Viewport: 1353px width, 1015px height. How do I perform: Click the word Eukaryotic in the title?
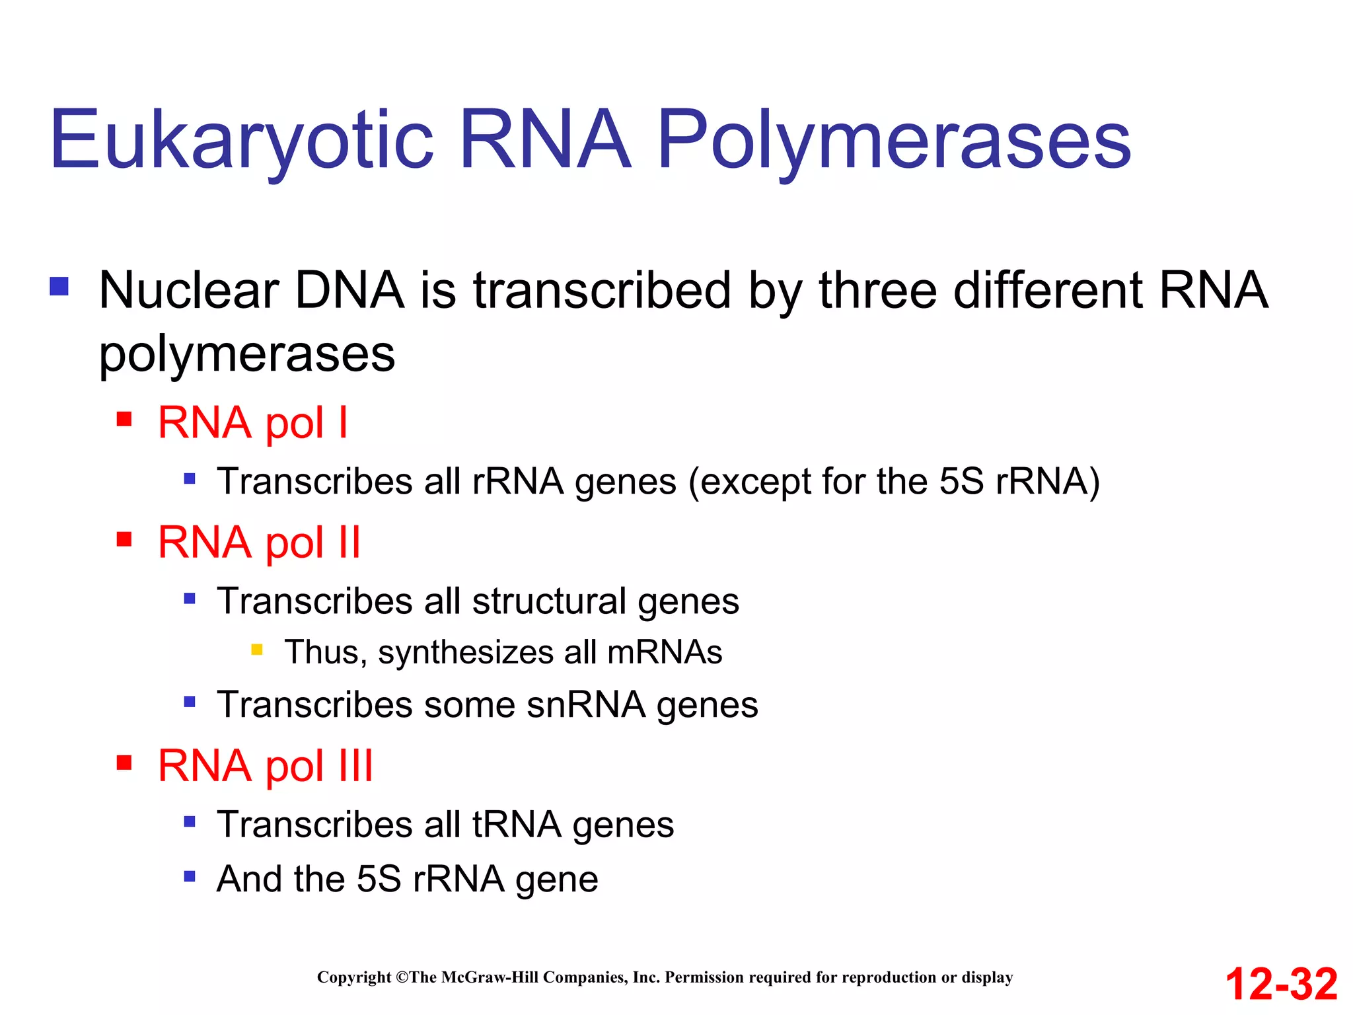coord(241,140)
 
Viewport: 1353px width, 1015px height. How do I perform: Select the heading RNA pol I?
coord(252,423)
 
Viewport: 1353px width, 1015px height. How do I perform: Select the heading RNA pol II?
coord(259,543)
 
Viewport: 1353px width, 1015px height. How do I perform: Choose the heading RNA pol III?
coord(266,766)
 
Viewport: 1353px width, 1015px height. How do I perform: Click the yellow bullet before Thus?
coord(257,650)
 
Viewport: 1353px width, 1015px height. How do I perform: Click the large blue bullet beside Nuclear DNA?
coord(59,287)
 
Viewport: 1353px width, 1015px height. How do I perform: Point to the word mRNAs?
coord(664,652)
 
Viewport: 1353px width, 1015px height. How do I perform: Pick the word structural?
coord(549,601)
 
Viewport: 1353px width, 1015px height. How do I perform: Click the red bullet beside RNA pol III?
coord(124,763)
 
